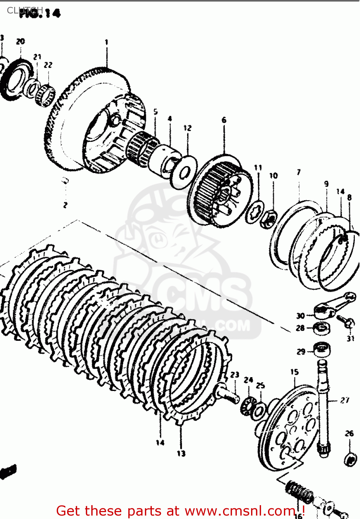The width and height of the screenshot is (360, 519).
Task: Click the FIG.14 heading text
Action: (40, 13)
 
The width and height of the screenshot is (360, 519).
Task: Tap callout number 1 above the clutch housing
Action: (107, 42)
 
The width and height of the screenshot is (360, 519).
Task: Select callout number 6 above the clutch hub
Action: (224, 120)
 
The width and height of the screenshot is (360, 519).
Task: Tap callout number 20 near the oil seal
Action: (20, 42)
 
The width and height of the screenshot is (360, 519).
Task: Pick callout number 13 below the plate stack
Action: (181, 453)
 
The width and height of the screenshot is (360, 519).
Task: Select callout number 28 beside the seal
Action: (300, 328)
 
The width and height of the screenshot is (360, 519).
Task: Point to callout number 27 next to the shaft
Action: (345, 400)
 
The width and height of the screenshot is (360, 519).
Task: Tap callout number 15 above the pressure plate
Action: (294, 372)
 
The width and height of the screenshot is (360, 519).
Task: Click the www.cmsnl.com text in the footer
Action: (239, 511)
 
